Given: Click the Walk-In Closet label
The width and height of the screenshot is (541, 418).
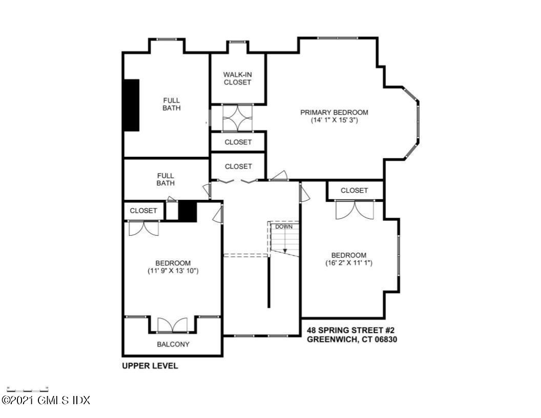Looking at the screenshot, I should tap(237, 78).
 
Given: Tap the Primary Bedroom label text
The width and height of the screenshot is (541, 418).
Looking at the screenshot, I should tap(334, 113).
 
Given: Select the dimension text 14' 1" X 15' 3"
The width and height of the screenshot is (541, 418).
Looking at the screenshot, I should tap(334, 121).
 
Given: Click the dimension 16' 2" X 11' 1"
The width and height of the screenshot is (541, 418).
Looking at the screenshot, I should tap(348, 263).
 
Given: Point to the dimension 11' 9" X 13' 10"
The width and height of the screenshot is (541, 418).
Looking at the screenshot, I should tap(173, 271).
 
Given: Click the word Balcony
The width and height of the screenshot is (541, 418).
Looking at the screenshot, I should tap(173, 344).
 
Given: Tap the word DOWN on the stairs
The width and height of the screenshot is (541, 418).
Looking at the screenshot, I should tap(283, 226).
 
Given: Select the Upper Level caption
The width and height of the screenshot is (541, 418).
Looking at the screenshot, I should tap(150, 366).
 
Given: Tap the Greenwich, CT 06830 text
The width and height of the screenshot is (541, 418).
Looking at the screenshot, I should tap(352, 339).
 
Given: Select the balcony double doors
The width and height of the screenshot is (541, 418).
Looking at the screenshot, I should tap(173, 326).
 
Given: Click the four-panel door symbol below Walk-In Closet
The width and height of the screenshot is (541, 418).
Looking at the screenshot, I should tap(238, 118).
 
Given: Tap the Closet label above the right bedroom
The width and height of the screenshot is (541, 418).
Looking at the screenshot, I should tap(355, 191).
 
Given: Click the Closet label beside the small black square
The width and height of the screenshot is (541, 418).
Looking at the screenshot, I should tap(143, 211).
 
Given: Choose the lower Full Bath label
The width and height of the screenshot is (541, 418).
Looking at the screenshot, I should tap(165, 179).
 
